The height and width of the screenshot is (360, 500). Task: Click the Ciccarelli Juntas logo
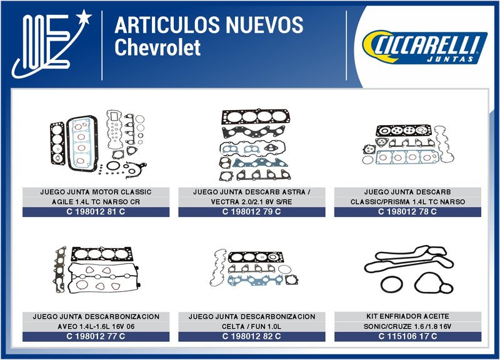click(424, 46)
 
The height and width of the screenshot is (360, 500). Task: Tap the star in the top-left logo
click(84, 17)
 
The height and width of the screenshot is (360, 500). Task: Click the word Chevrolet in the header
click(157, 47)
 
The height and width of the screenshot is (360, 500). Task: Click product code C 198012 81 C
click(96, 212)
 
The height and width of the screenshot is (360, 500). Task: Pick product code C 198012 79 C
click(252, 212)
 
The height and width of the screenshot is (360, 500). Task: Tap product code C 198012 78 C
click(407, 212)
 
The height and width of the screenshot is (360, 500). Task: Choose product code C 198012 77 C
click(96, 336)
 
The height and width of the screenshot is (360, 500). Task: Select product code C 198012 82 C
click(252, 336)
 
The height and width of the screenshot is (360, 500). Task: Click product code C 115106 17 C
click(408, 336)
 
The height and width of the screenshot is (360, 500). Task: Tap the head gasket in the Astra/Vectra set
click(256, 117)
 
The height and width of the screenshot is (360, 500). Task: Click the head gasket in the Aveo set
click(102, 254)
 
